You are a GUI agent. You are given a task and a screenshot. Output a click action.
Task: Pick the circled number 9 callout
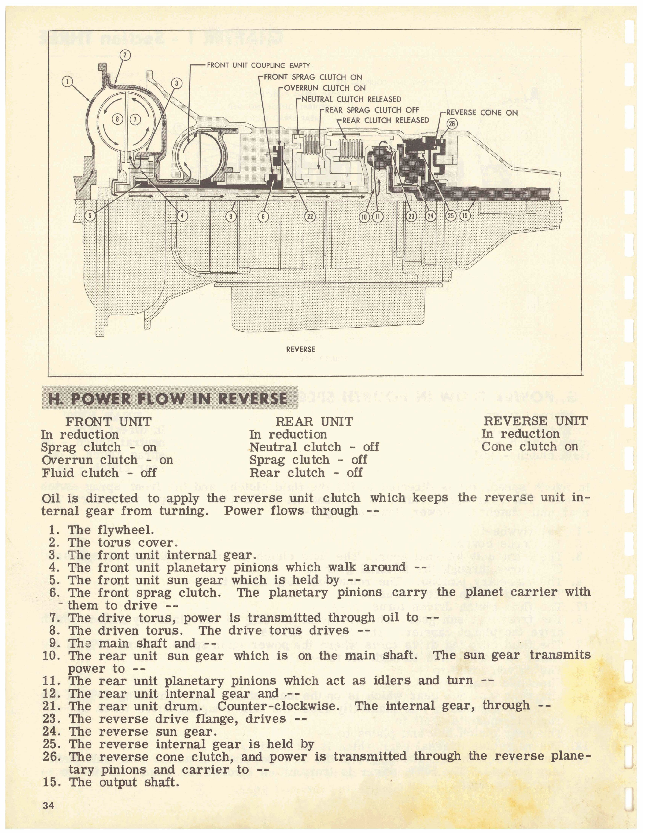pyautogui.click(x=231, y=216)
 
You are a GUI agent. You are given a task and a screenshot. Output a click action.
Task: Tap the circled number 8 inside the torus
pyautogui.click(x=117, y=119)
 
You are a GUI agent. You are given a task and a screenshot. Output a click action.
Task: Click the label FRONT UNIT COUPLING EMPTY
pyautogui.click(x=258, y=65)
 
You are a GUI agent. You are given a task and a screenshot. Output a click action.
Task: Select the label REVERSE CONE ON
pyautogui.click(x=482, y=112)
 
